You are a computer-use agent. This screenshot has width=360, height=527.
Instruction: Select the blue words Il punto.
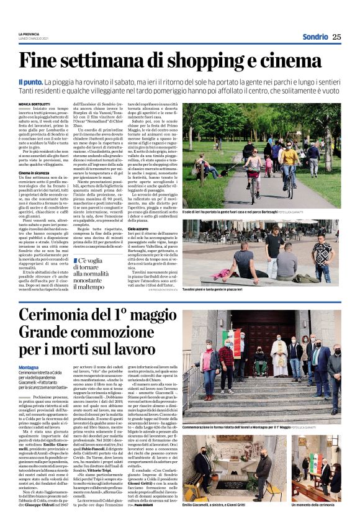point(47,81)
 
